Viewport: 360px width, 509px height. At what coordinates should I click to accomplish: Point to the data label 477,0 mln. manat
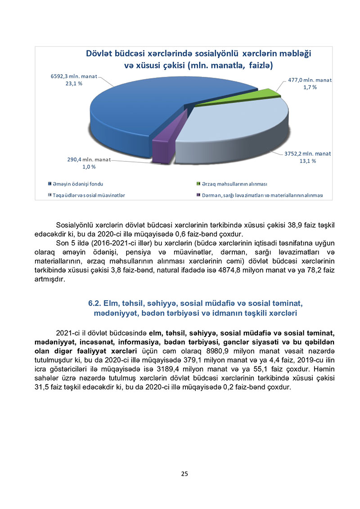(310, 80)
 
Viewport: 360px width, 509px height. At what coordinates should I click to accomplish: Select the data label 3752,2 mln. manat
(307, 153)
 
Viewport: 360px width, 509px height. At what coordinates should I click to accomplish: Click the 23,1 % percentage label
(73, 84)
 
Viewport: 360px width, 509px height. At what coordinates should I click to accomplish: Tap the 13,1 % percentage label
(308, 161)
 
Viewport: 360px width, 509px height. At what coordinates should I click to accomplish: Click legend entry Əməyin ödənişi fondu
(80, 184)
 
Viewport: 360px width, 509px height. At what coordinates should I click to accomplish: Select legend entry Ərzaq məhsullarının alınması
(234, 184)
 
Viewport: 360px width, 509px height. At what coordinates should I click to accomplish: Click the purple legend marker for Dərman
(198, 195)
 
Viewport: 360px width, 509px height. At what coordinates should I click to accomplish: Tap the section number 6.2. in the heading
(97, 304)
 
